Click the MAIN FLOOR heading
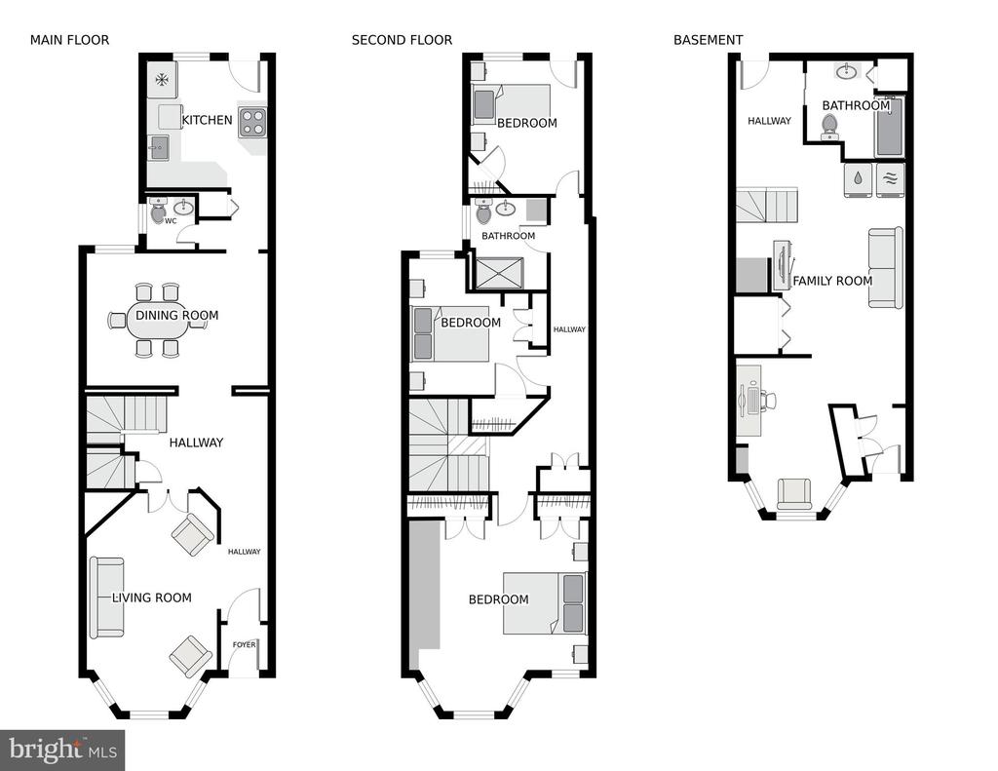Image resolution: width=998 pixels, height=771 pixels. click(69, 40)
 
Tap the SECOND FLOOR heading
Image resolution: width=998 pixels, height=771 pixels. click(402, 40)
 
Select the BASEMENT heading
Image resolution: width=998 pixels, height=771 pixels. click(708, 40)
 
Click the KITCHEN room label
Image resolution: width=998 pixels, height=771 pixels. click(207, 120)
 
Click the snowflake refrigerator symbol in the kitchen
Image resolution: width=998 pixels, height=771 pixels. click(163, 80)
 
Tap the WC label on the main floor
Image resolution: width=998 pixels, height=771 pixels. click(171, 221)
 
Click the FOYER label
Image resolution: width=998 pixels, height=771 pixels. click(244, 644)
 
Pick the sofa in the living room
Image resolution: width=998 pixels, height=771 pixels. click(106, 598)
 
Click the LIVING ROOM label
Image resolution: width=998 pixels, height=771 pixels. click(151, 598)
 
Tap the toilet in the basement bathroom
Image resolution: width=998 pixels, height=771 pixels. click(828, 126)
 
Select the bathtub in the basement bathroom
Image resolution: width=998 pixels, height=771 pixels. click(889, 128)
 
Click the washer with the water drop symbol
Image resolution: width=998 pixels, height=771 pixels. click(859, 179)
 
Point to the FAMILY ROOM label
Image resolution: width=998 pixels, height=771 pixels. click(832, 281)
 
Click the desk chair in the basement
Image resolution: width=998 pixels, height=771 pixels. click(768, 401)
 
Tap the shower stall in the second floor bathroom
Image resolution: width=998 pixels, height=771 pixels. click(499, 273)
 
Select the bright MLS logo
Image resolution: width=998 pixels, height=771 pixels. click(62, 750)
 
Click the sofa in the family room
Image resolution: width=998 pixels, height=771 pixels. click(885, 267)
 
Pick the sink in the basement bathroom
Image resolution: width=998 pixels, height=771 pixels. click(846, 71)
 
